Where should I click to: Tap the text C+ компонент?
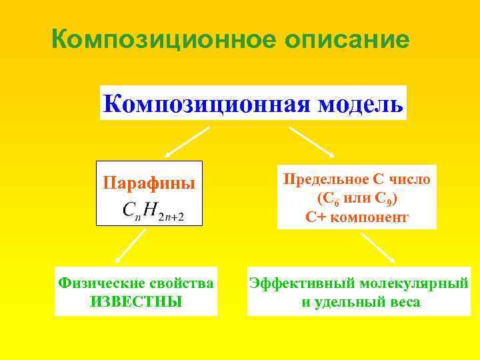click(357, 217)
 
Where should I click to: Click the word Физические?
click(100, 283)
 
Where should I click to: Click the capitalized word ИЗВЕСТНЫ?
click(135, 301)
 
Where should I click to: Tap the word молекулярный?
click(415, 283)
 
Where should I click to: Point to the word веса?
click(405, 301)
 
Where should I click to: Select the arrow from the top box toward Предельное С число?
click(312, 142)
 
